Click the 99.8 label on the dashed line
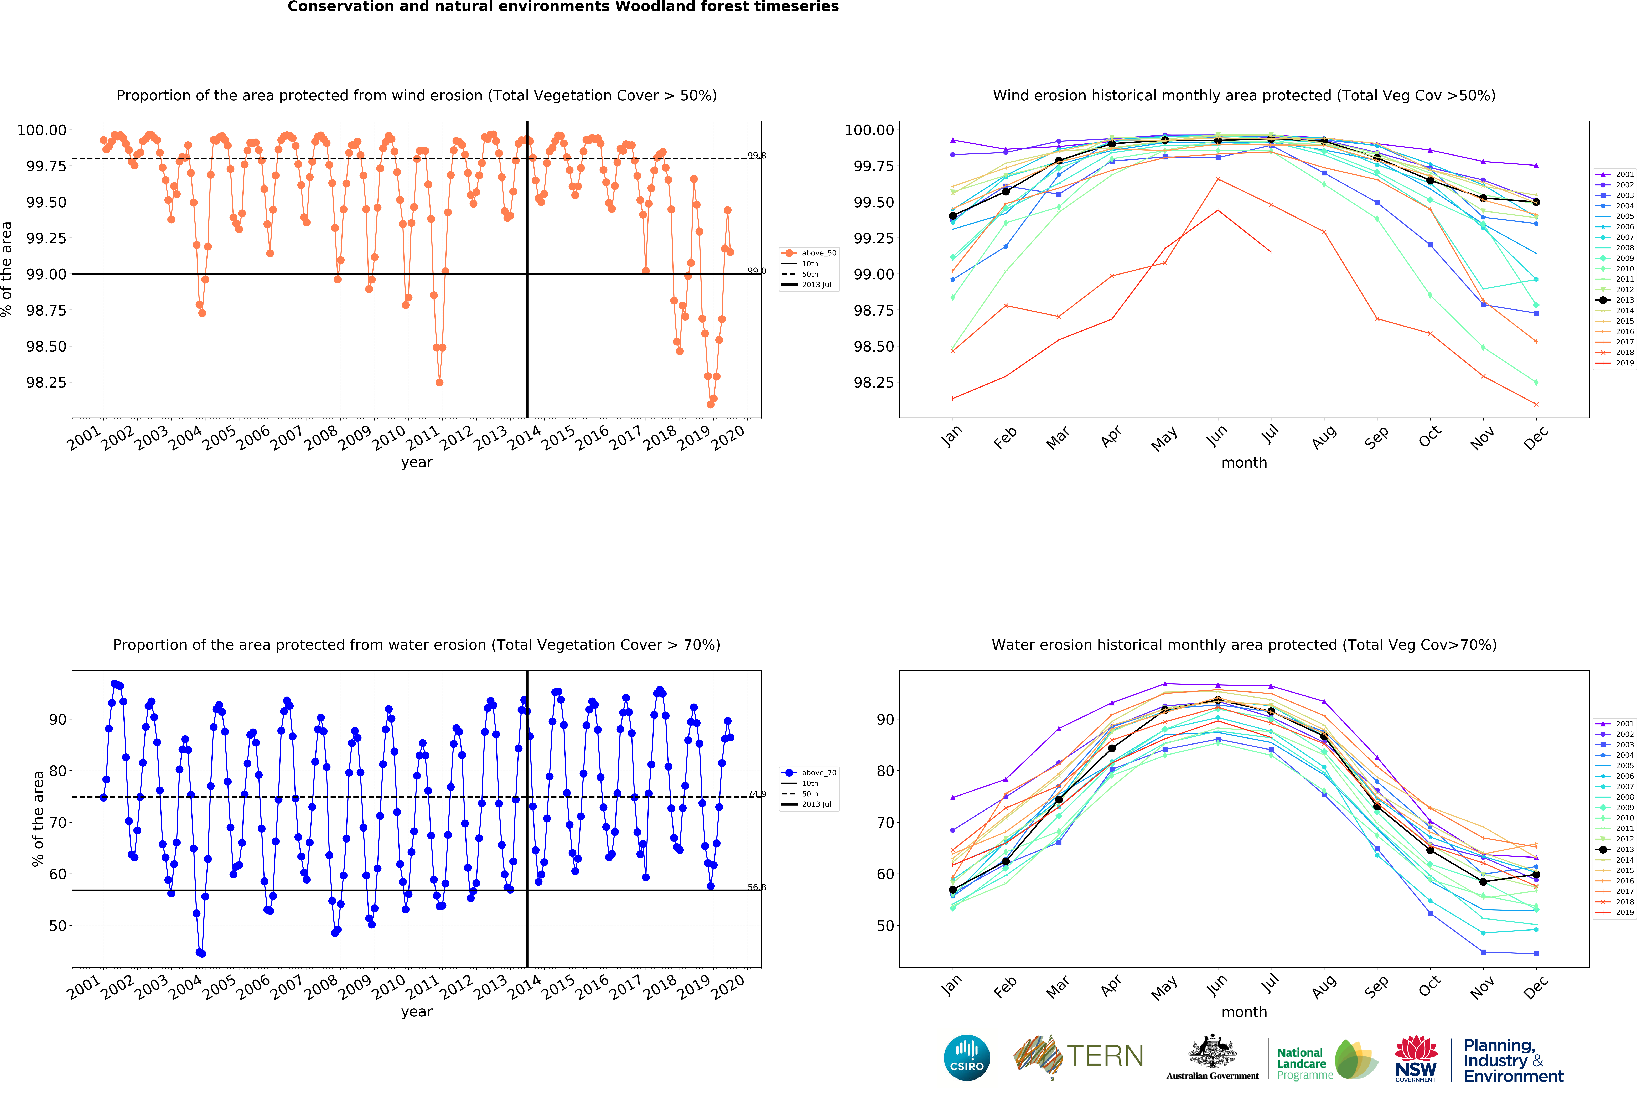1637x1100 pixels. coord(756,156)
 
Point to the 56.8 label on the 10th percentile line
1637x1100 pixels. coord(756,887)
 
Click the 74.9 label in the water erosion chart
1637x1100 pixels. coord(756,794)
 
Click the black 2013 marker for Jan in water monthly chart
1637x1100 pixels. coord(952,890)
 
